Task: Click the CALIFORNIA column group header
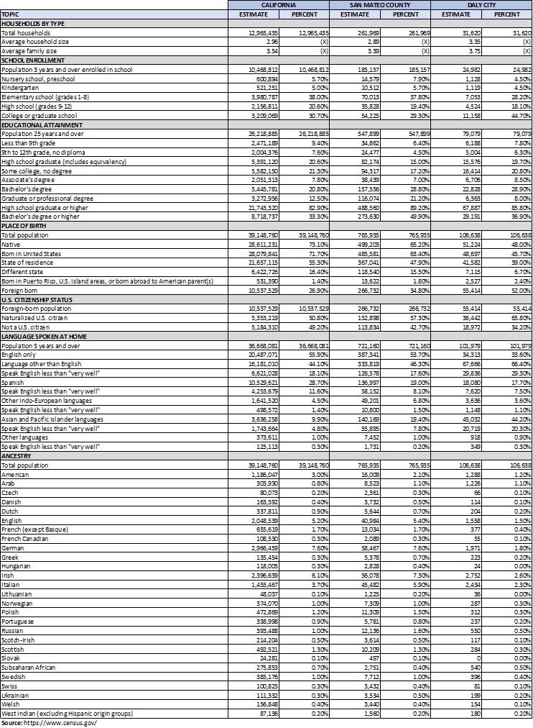[x=279, y=4]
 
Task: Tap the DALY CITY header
[x=481, y=4]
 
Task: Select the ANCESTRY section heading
[x=17, y=455]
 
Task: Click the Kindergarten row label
[x=19, y=88]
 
